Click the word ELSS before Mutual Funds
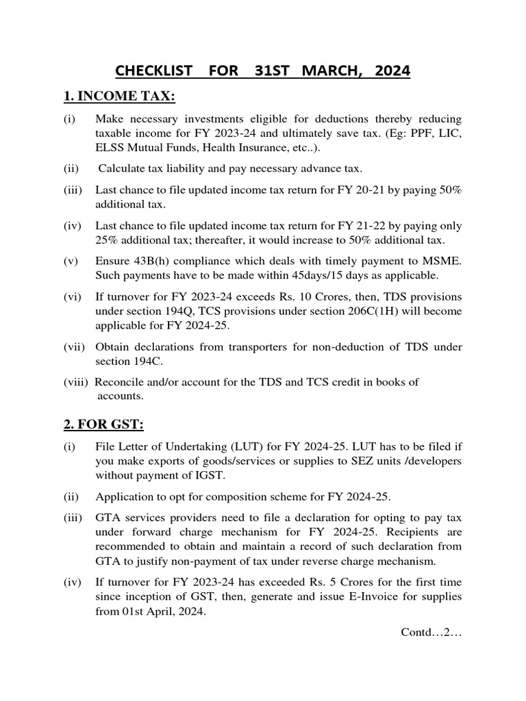[x=111, y=148]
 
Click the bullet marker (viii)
[x=76, y=382]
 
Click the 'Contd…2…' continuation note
[x=431, y=632]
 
